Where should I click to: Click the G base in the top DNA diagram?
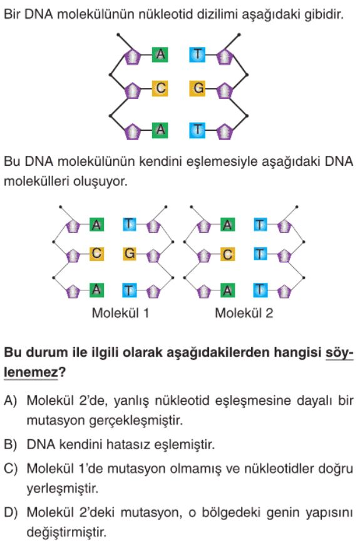198,88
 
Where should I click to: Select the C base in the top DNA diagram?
160,88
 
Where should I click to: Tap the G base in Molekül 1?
130,253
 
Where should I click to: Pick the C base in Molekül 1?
96,253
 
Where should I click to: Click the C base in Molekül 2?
227,255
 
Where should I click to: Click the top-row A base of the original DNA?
160,54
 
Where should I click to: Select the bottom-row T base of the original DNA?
198,130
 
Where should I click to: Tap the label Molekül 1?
120,313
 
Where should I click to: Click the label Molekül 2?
244,313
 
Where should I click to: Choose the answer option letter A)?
11,400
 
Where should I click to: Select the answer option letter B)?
11,444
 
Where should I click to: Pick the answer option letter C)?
11,469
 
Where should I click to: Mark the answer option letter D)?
11,512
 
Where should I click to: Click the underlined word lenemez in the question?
31,372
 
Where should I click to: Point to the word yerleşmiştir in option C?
63,489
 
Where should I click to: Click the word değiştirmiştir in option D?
66,532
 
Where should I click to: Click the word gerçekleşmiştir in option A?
136,420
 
